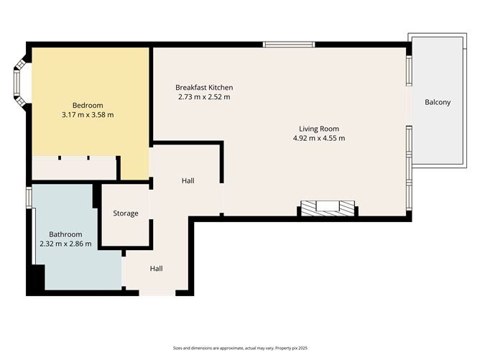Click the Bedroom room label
[88, 106]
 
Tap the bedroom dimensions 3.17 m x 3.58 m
[88, 115]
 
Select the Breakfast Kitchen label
[204, 88]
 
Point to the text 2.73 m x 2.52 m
[204, 97]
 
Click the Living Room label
[319, 129]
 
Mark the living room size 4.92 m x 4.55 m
[319, 138]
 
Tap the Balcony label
[438, 102]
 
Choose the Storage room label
[126, 213]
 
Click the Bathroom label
[65, 234]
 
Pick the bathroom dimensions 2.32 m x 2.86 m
[65, 244]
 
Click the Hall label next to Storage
[188, 180]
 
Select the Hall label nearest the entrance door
[156, 269]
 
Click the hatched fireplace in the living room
[328, 208]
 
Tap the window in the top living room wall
[289, 45]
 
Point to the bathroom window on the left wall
[29, 198]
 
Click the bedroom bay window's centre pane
[17, 83]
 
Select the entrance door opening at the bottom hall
[157, 292]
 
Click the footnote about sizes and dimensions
[240, 348]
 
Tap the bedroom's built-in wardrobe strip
[74, 167]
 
